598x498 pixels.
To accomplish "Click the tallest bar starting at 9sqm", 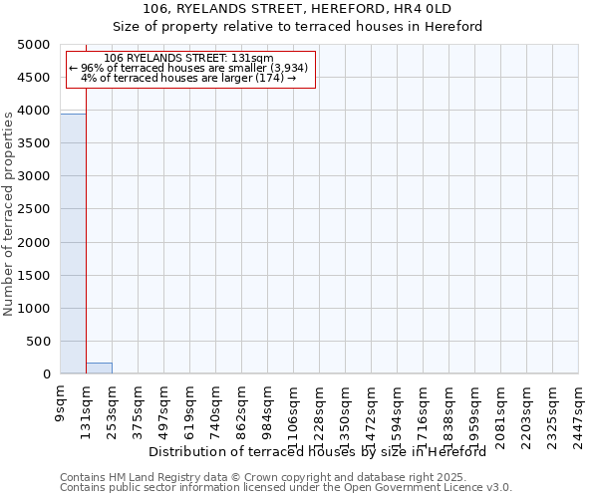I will point(73,244).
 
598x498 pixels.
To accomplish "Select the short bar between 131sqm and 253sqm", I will point(99,369).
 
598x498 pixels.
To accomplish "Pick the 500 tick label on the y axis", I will point(39,342).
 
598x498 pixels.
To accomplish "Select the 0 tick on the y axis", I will point(46,374).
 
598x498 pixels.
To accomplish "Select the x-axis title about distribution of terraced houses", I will point(324,451).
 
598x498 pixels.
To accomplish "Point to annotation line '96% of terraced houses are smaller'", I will point(189,68).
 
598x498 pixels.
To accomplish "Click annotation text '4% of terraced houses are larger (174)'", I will point(189,78).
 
